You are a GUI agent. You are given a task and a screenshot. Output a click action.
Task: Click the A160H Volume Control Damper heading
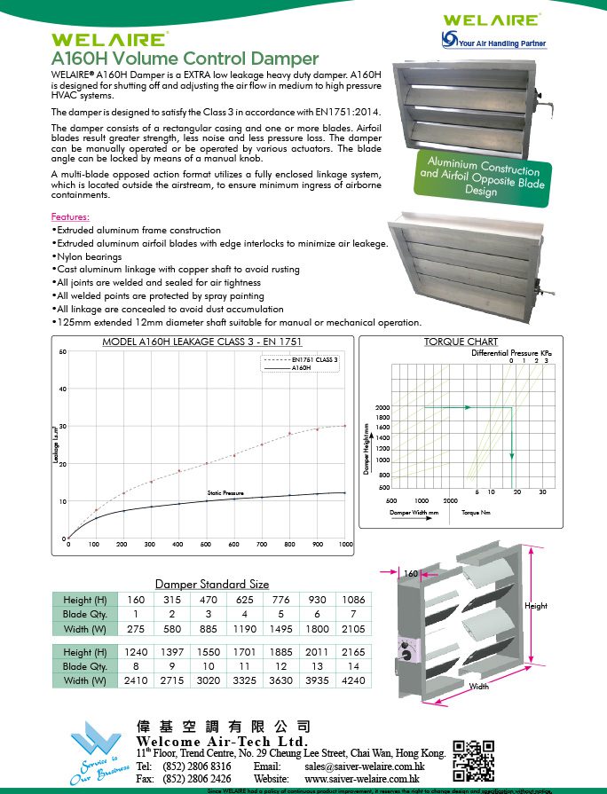point(185,59)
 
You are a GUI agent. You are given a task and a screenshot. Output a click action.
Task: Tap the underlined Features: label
point(71,216)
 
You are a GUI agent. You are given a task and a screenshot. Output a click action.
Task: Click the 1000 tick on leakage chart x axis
point(345,544)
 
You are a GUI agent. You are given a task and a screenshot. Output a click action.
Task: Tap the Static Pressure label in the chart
point(225,492)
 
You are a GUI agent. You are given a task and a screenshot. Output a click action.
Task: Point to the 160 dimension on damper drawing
point(411,574)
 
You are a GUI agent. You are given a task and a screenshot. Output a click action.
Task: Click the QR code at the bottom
point(475,756)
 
